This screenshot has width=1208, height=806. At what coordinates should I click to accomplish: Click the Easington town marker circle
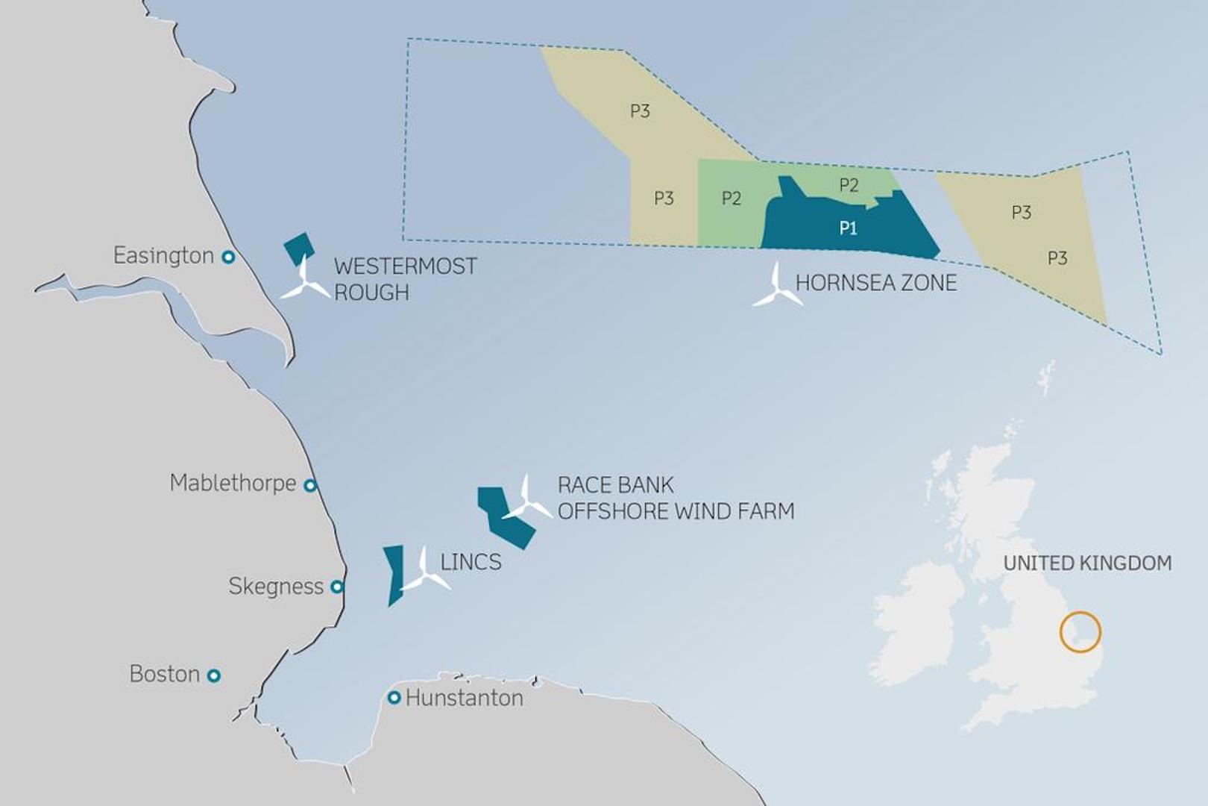(229, 257)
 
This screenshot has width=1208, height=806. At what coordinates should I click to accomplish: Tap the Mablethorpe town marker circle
(310, 485)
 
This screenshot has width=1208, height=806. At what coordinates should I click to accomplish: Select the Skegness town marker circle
(337, 587)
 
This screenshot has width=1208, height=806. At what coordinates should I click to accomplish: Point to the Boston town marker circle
(214, 675)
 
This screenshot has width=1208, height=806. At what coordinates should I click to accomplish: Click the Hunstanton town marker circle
(394, 698)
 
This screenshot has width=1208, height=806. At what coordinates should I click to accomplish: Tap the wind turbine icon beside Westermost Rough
(305, 282)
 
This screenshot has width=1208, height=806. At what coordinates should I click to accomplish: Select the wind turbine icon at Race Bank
(527, 501)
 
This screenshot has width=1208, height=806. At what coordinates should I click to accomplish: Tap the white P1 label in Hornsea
(848, 228)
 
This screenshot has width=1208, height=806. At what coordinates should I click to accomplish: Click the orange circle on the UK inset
(1080, 632)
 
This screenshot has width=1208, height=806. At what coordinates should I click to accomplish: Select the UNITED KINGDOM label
(1087, 563)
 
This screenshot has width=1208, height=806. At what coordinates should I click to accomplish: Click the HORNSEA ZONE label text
(875, 283)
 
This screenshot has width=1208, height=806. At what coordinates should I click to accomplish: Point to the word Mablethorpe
(233, 484)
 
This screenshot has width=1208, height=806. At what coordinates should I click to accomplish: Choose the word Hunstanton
(464, 699)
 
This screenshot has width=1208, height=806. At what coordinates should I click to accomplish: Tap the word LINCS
(471, 562)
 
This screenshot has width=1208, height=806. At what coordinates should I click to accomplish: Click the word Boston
(164, 674)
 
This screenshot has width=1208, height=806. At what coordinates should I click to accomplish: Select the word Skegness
(276, 587)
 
